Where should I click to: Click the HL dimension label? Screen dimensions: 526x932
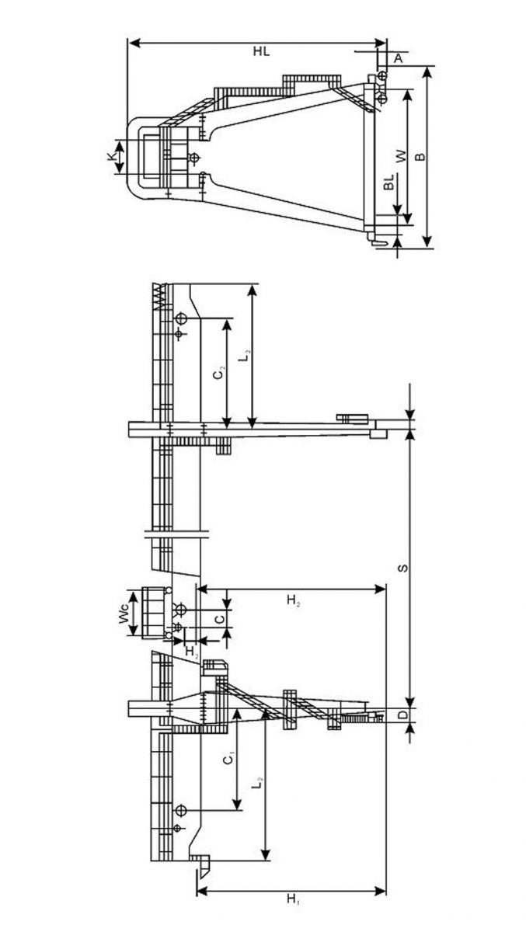coord(261,51)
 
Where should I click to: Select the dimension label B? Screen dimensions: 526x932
coord(422,157)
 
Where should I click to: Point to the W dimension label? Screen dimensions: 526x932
coord(401,156)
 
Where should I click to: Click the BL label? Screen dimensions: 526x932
coord(388,182)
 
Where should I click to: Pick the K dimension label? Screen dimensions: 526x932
coord(110,156)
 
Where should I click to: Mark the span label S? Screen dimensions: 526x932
coord(402,568)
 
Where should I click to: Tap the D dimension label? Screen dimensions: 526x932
coord(402,715)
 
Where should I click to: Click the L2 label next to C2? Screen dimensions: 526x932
coord(246,356)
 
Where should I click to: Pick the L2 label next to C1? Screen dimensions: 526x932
coord(258,783)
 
